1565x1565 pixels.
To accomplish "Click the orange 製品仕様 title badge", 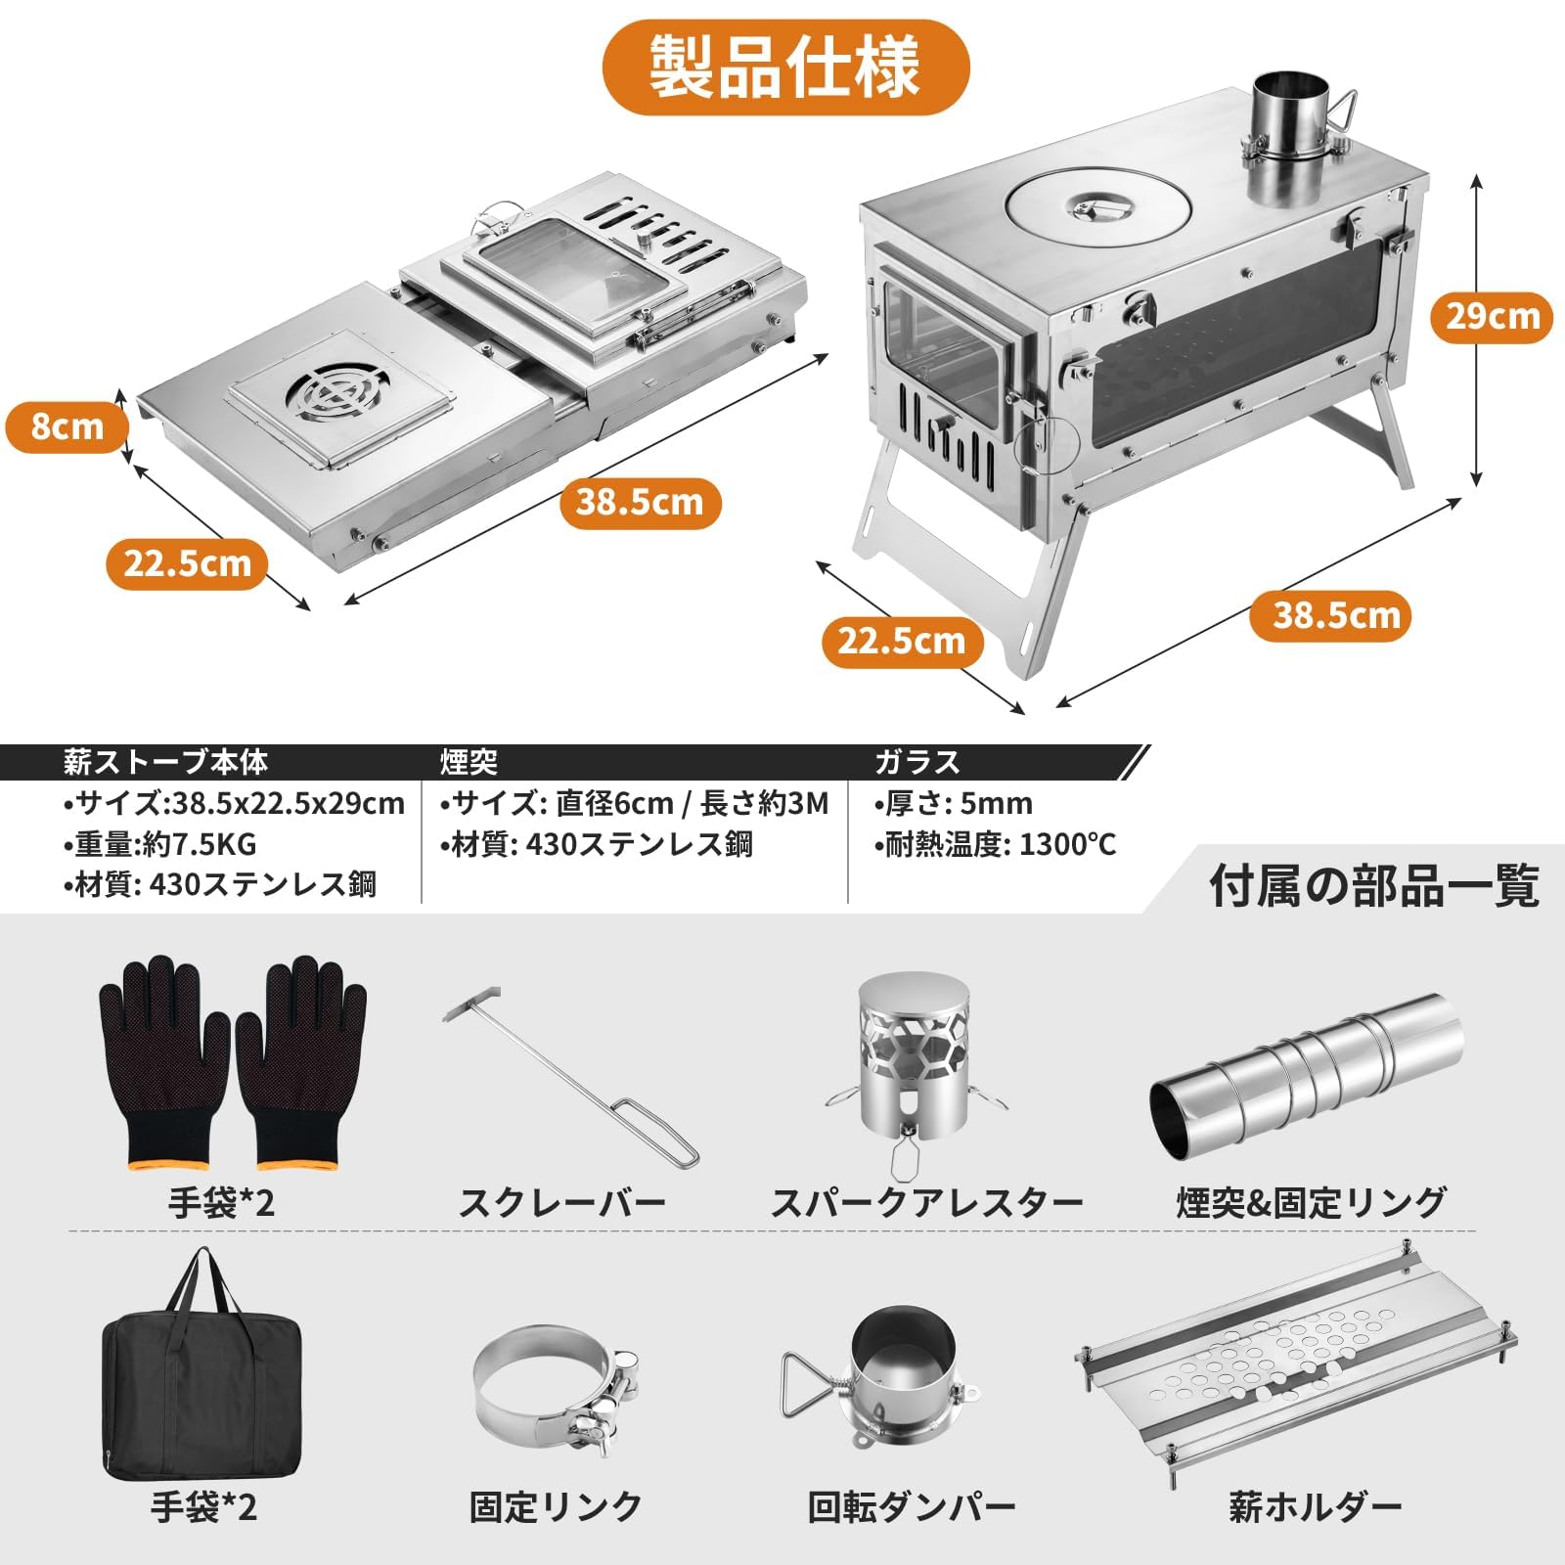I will pyautogui.click(x=785, y=67).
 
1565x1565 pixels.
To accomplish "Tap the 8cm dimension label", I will pyautogui.click(x=67, y=427).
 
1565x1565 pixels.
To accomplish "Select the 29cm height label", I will pyautogui.click(x=1492, y=316).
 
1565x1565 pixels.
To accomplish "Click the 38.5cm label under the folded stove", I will pyautogui.click(x=640, y=503).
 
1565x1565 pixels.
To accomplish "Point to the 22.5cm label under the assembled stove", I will pyautogui.click(x=902, y=642).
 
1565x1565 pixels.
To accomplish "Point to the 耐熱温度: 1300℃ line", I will pyautogui.click(x=995, y=844).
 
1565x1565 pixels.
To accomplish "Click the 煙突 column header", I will pyautogui.click(x=469, y=762).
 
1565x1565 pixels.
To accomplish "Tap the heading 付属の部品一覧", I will pyautogui.click(x=1374, y=886).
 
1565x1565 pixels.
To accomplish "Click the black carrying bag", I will pyautogui.click(x=201, y=1389).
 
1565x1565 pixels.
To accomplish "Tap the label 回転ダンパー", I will pyautogui.click(x=911, y=1507).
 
